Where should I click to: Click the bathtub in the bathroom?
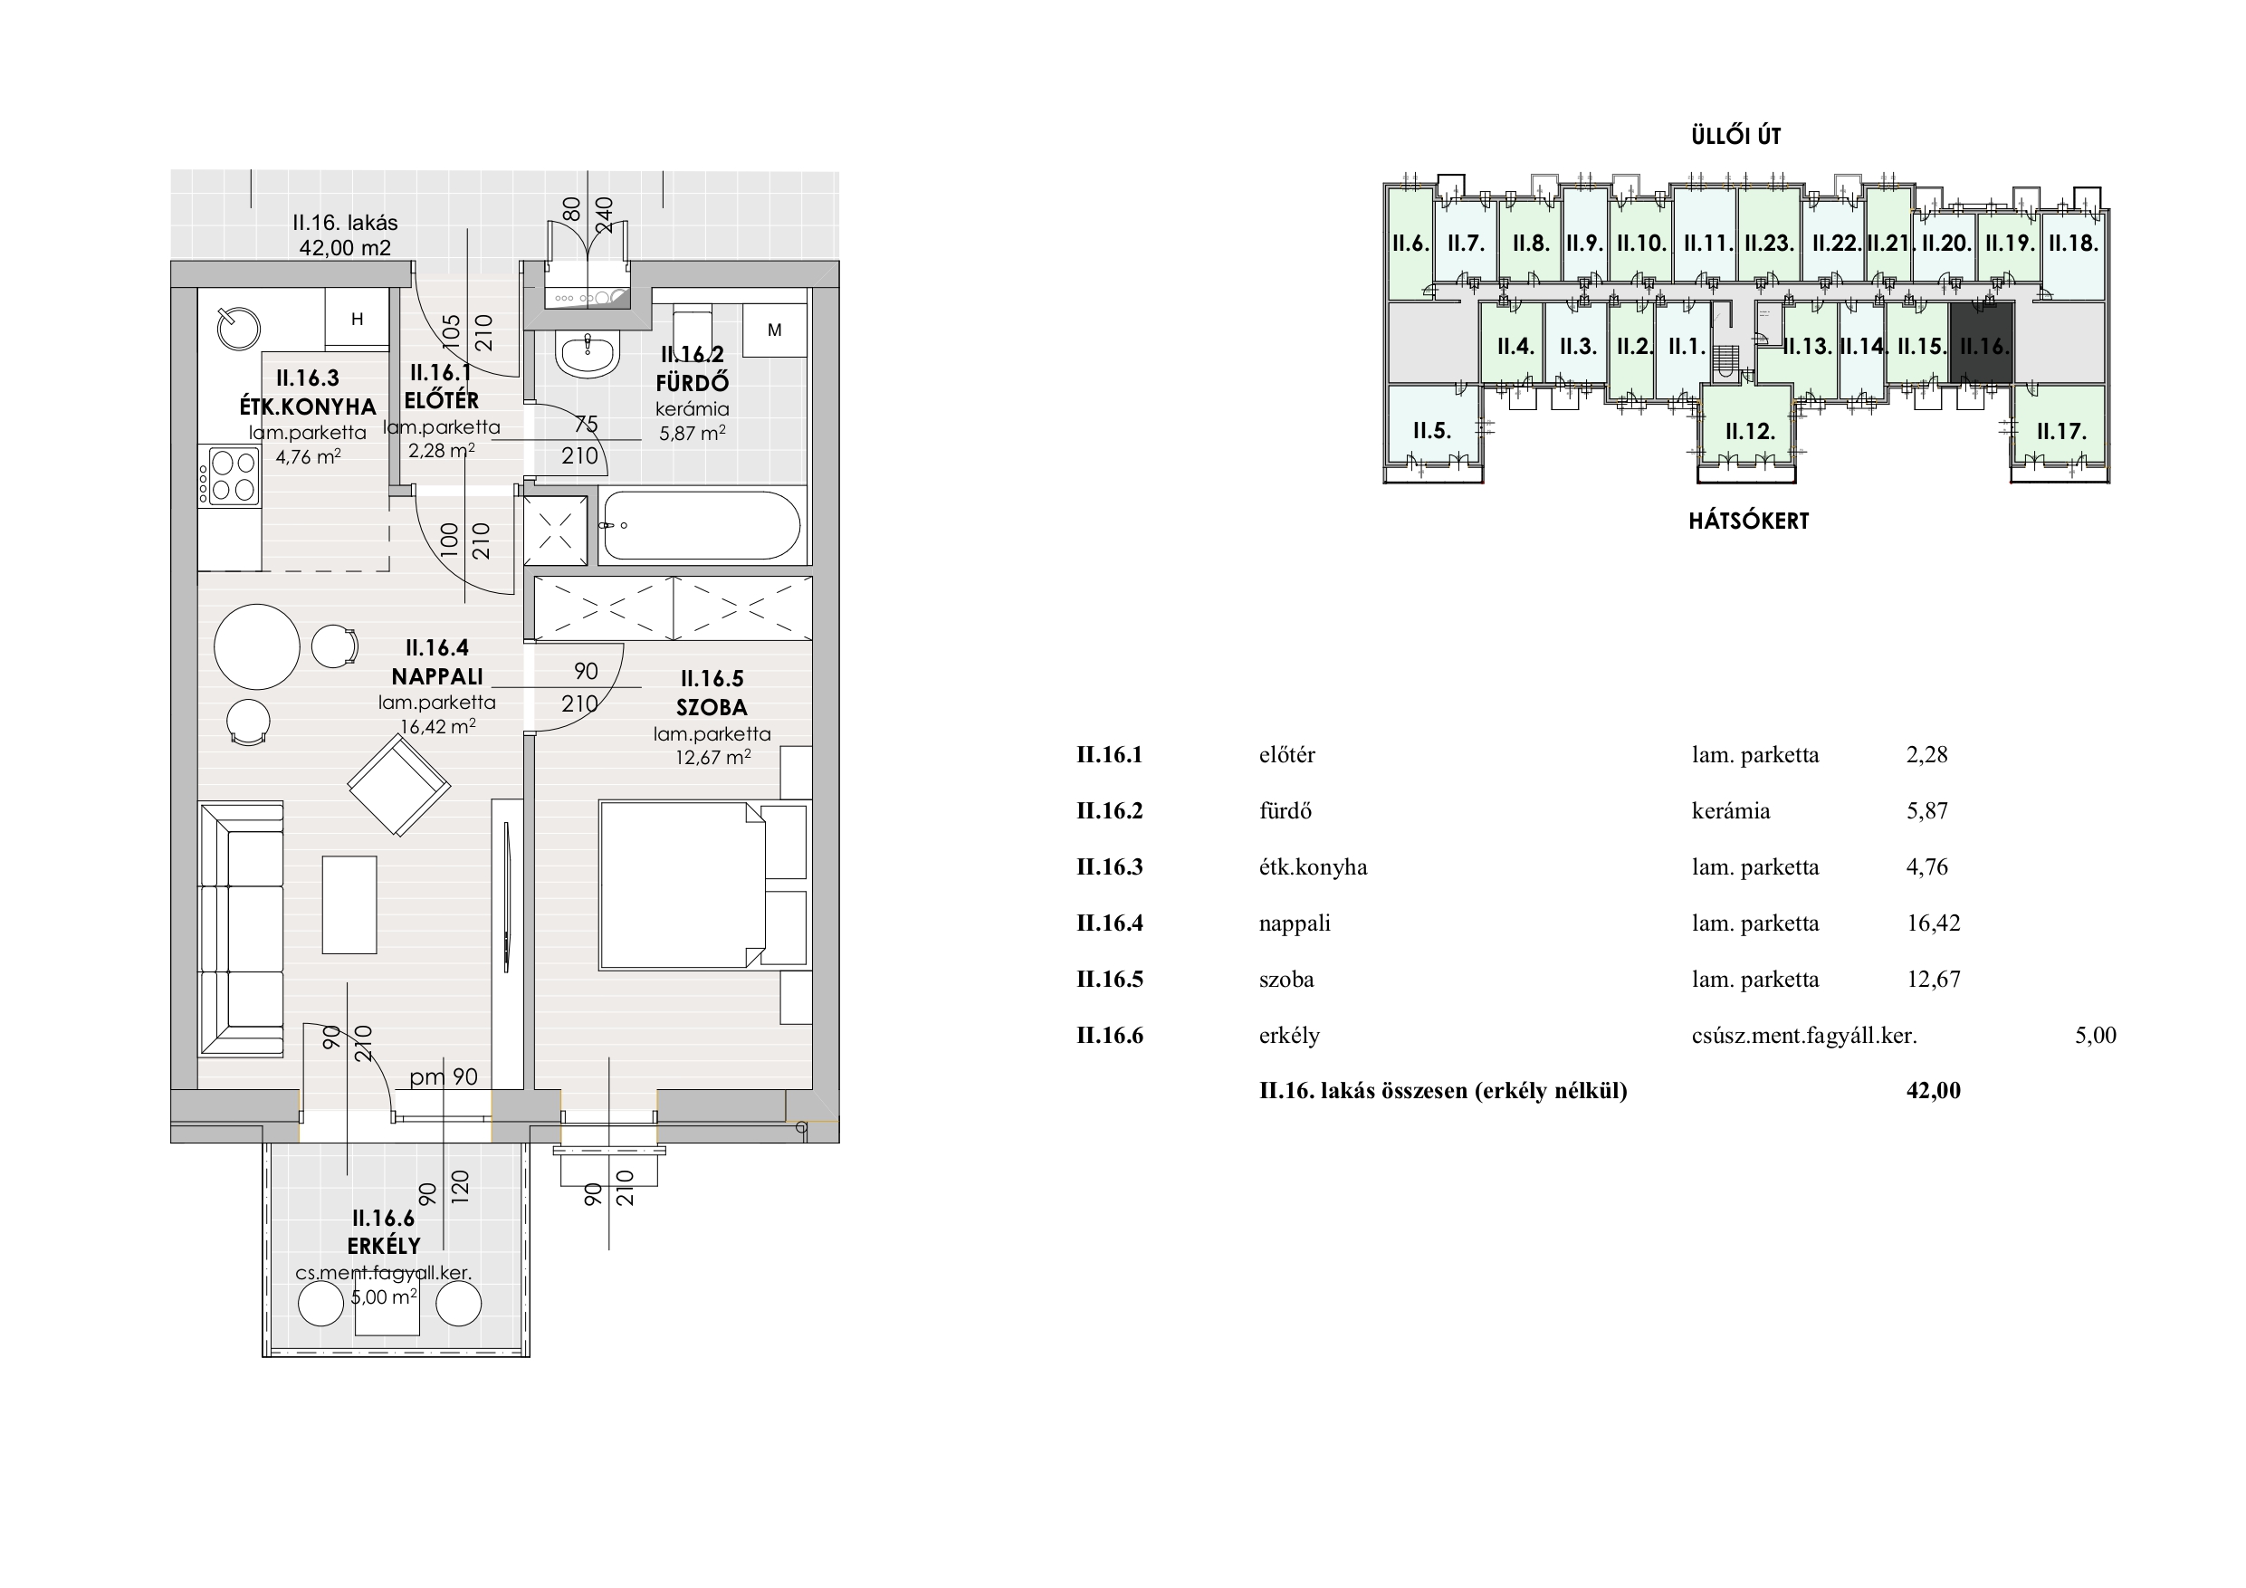700,525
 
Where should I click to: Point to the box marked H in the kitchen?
357,318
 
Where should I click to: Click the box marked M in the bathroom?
775,330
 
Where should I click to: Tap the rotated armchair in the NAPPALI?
399,785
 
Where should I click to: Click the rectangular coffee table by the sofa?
349,904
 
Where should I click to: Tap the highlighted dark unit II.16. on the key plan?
1982,343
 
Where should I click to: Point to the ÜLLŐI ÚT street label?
1736,136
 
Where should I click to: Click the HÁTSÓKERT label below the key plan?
1749,521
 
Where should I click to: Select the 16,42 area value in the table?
1933,923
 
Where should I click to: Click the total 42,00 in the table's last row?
1934,1091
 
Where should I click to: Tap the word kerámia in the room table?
1731,811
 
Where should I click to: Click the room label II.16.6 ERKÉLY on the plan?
385,1232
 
